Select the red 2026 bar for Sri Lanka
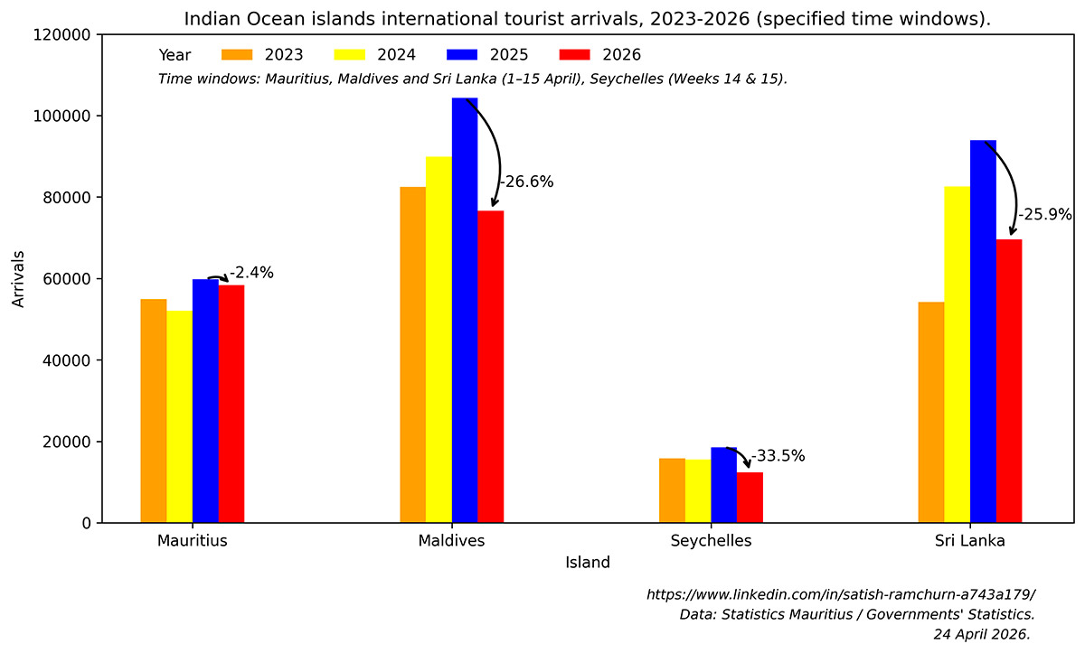pos(1009,380)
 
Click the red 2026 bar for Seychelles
pos(750,497)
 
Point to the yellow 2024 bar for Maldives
pos(439,340)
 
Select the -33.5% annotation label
pos(778,456)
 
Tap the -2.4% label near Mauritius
pos(251,273)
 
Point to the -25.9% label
pos(1045,215)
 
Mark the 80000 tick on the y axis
pos(68,198)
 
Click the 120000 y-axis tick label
pos(63,34)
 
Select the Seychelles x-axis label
pos(711,541)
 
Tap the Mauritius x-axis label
pos(192,541)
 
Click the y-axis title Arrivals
pos(19,278)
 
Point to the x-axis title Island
pos(588,563)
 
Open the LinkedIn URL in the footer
pos(841,594)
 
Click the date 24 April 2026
pos(982,634)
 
